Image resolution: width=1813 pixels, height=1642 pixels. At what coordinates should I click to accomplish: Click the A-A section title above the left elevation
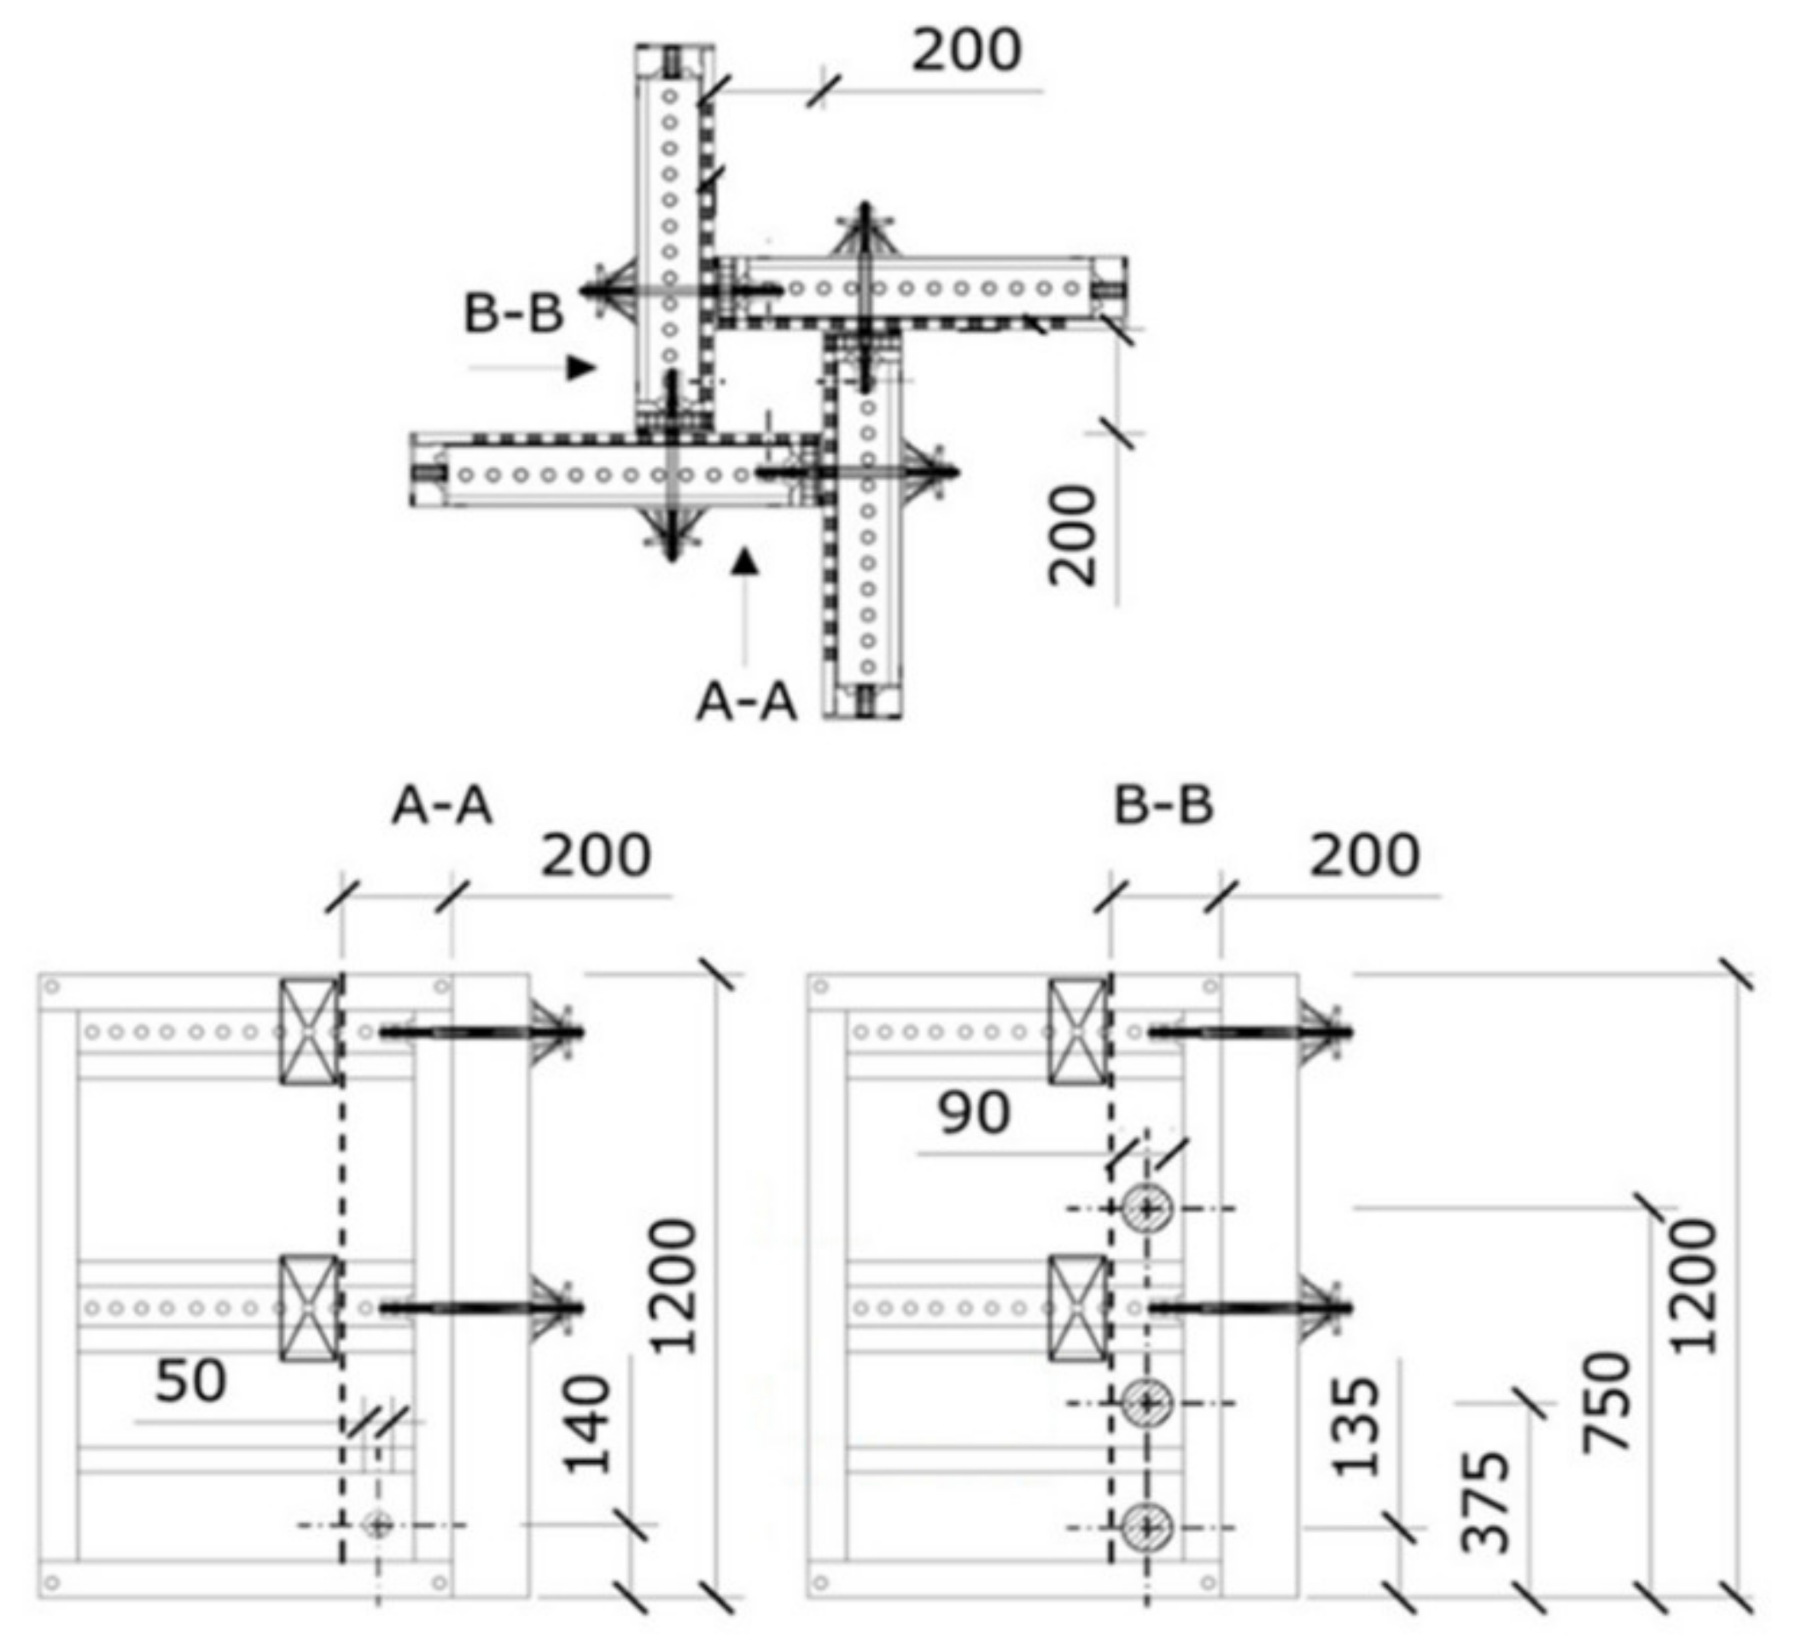pyautogui.click(x=441, y=806)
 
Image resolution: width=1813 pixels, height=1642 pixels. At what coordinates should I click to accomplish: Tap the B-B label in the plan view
pyautogui.click(x=513, y=314)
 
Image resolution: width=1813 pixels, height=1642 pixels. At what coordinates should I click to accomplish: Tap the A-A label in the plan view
pyautogui.click(x=746, y=702)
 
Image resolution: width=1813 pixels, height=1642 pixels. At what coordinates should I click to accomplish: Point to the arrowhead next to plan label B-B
pyautogui.click(x=582, y=367)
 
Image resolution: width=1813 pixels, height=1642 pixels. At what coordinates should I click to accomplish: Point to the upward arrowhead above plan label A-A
pyautogui.click(x=744, y=562)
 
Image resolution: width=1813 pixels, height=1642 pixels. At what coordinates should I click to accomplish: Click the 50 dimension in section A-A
pyautogui.click(x=190, y=1381)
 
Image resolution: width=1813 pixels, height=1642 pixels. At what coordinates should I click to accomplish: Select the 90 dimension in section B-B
pyautogui.click(x=974, y=1113)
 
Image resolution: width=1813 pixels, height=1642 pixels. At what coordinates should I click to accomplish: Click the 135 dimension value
pyautogui.click(x=1356, y=1427)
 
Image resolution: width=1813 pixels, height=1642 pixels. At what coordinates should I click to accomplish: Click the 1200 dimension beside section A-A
pyautogui.click(x=673, y=1287)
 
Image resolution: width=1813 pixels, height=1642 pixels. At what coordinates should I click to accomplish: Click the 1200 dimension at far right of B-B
pyautogui.click(x=1694, y=1287)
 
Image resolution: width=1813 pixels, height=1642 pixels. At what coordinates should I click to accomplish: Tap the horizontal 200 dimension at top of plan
pyautogui.click(x=967, y=51)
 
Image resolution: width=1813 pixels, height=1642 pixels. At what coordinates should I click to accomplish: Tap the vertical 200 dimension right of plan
pyautogui.click(x=1074, y=536)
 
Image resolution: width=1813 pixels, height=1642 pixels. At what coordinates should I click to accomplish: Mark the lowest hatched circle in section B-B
pyautogui.click(x=1146, y=1527)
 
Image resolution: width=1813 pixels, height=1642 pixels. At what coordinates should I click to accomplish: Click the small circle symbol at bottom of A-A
pyautogui.click(x=377, y=1525)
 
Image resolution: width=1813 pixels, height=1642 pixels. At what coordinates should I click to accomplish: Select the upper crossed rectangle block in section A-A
pyautogui.click(x=309, y=1031)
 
